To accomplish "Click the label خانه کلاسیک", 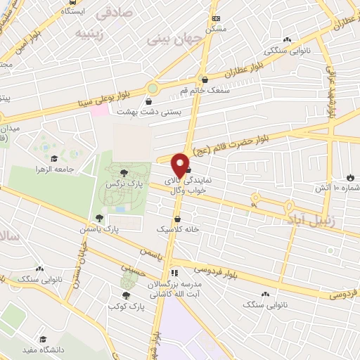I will click(178, 229).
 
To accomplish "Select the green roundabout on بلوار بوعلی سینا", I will click(153, 89).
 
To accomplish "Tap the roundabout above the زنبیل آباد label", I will click(289, 206).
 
